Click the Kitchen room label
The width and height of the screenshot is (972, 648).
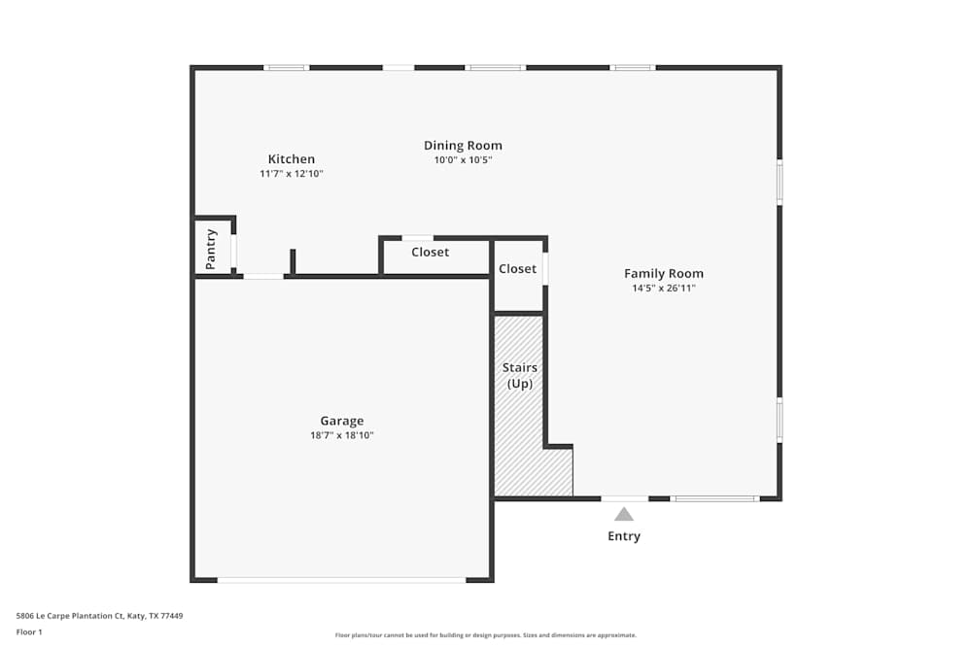coord(292,159)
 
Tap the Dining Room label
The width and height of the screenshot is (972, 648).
coord(463,146)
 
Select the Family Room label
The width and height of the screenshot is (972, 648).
coord(663,274)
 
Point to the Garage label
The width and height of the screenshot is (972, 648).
coord(342,422)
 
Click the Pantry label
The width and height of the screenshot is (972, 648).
coord(211,249)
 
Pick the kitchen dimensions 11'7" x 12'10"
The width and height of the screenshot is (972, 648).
coord(292,174)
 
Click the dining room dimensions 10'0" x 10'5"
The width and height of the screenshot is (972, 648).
coord(463,160)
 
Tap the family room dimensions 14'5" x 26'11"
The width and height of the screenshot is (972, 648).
coord(664,289)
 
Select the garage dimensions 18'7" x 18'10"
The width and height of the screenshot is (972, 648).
coord(342,435)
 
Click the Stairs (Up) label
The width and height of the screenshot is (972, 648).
coord(519,375)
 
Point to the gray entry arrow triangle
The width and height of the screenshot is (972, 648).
coord(624,514)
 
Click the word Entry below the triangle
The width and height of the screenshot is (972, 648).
coord(624,536)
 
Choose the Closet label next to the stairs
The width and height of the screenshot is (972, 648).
coord(518,269)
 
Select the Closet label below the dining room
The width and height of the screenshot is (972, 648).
coord(431,253)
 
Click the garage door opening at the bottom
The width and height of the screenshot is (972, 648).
coord(341,580)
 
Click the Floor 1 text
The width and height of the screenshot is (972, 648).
coord(29,631)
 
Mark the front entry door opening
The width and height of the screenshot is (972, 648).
coord(625,498)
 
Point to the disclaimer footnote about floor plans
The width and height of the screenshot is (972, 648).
coord(485,635)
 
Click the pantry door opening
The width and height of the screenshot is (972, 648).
coord(233,251)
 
